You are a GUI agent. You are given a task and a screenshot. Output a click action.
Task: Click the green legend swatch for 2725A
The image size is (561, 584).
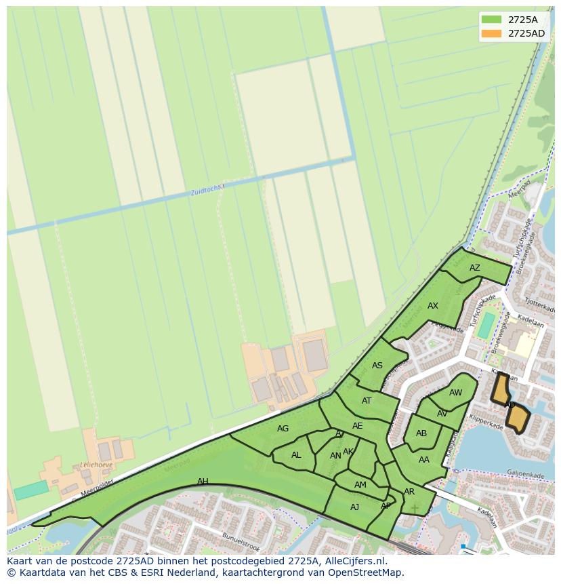tap(491, 19)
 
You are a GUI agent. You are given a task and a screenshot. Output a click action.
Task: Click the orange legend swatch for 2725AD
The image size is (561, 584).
tap(491, 33)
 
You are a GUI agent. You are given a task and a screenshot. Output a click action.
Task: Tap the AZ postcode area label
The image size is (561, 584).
tap(475, 268)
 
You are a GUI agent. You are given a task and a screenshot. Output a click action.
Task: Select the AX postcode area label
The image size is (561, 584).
tap(433, 306)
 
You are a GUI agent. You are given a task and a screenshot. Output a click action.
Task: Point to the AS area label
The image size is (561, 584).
tap(377, 366)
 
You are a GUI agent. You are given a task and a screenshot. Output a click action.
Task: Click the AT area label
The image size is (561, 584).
tap(367, 401)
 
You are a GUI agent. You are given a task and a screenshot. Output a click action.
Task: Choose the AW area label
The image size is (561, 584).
tap(455, 393)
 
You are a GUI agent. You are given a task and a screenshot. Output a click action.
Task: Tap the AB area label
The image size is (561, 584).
tap(421, 433)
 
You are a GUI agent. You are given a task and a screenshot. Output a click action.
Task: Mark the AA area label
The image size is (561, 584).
tap(424, 460)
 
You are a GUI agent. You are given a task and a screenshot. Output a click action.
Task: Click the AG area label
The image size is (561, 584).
tap(283, 429)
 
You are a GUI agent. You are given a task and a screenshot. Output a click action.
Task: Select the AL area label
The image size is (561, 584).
tap(296, 455)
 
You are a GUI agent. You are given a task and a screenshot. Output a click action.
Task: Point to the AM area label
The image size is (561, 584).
tap(360, 485)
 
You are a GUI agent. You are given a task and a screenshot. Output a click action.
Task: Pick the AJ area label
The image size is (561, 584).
tap(355, 507)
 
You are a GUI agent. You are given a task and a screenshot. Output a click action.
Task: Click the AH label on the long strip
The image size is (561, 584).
tap(203, 482)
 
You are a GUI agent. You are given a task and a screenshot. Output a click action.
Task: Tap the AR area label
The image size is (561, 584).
tap(409, 492)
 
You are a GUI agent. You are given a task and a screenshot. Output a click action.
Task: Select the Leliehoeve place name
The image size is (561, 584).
tap(96, 465)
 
